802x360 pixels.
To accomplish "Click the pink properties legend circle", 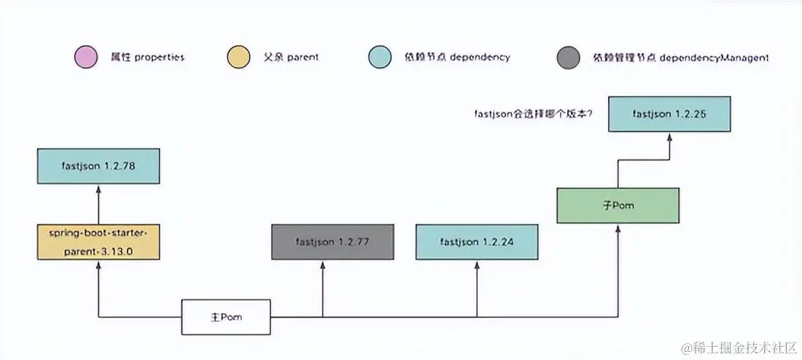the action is click(x=86, y=58).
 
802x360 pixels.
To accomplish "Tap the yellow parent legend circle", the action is click(x=238, y=58).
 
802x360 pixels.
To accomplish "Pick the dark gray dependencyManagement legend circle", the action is click(x=568, y=58).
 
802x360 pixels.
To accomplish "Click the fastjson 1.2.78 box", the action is click(x=98, y=166).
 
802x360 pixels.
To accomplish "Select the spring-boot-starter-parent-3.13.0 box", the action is click(x=98, y=243).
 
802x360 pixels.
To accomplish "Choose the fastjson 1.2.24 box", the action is click(x=478, y=241).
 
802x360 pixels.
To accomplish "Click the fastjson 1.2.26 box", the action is click(x=669, y=113).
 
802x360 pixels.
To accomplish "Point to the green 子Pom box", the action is click(x=618, y=206).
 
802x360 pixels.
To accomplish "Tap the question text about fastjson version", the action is click(x=534, y=114).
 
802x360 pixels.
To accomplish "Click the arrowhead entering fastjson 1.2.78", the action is click(x=98, y=188).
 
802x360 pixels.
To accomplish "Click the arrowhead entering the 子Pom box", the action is click(x=618, y=227).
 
